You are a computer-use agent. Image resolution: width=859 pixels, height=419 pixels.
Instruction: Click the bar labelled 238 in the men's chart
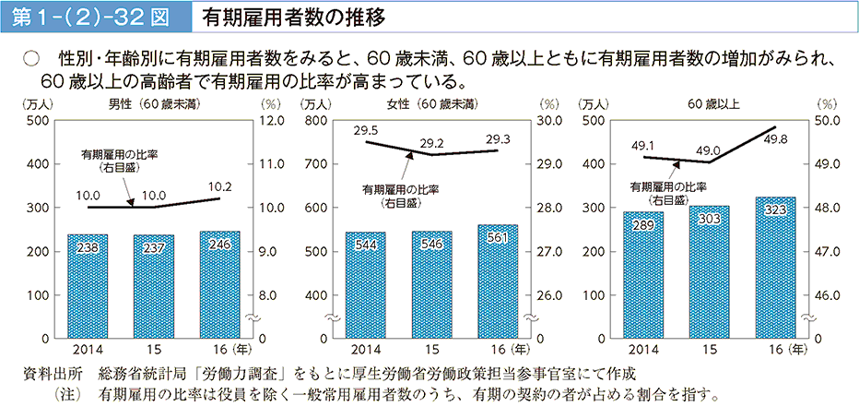(x=88, y=286)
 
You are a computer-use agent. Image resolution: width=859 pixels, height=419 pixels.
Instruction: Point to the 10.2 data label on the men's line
(x=219, y=186)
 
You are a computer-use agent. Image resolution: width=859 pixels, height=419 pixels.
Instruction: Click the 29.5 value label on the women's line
(x=367, y=130)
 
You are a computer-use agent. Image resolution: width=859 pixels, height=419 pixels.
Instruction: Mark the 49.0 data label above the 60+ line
(x=709, y=150)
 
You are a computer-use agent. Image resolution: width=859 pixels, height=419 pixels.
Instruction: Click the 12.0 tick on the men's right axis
(x=273, y=121)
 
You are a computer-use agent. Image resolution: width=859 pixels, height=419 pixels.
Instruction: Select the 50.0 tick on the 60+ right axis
(x=827, y=121)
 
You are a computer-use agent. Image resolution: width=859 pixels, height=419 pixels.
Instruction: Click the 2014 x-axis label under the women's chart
(x=366, y=351)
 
